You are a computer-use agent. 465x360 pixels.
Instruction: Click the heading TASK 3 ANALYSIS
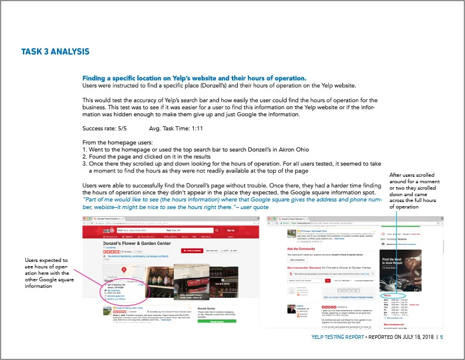point(55,52)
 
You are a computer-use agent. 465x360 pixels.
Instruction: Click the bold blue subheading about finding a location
point(194,78)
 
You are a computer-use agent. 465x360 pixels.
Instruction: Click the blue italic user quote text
point(229,202)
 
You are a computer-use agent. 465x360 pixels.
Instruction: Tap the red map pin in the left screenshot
point(123,269)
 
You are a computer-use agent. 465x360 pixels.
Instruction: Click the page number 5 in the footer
point(442,337)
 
